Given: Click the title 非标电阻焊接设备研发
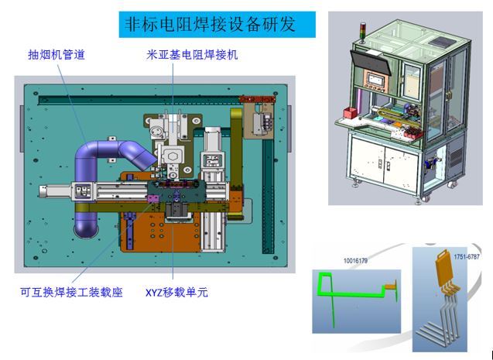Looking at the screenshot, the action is coord(210,24).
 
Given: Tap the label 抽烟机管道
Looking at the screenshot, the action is coord(56,54).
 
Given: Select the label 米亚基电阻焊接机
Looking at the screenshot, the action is coord(192,55).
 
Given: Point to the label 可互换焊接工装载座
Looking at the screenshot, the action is coord(71,292).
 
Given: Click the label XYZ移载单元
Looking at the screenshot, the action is coord(176,293).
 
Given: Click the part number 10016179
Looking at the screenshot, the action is coord(355,261).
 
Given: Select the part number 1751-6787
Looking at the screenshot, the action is coord(466,257).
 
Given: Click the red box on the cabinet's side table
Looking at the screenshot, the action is coord(350,114).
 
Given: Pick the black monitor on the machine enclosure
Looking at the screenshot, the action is coord(371,62).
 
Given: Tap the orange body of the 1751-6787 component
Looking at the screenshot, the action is coord(445,269).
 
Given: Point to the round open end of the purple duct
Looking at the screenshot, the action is coord(86,230).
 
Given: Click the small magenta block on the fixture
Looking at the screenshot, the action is coord(153,199).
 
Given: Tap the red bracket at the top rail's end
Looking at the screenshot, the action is coord(257,99).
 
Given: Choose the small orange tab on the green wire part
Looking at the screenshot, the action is coord(391,286).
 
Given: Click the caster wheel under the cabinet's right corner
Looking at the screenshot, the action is coord(452,185).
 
